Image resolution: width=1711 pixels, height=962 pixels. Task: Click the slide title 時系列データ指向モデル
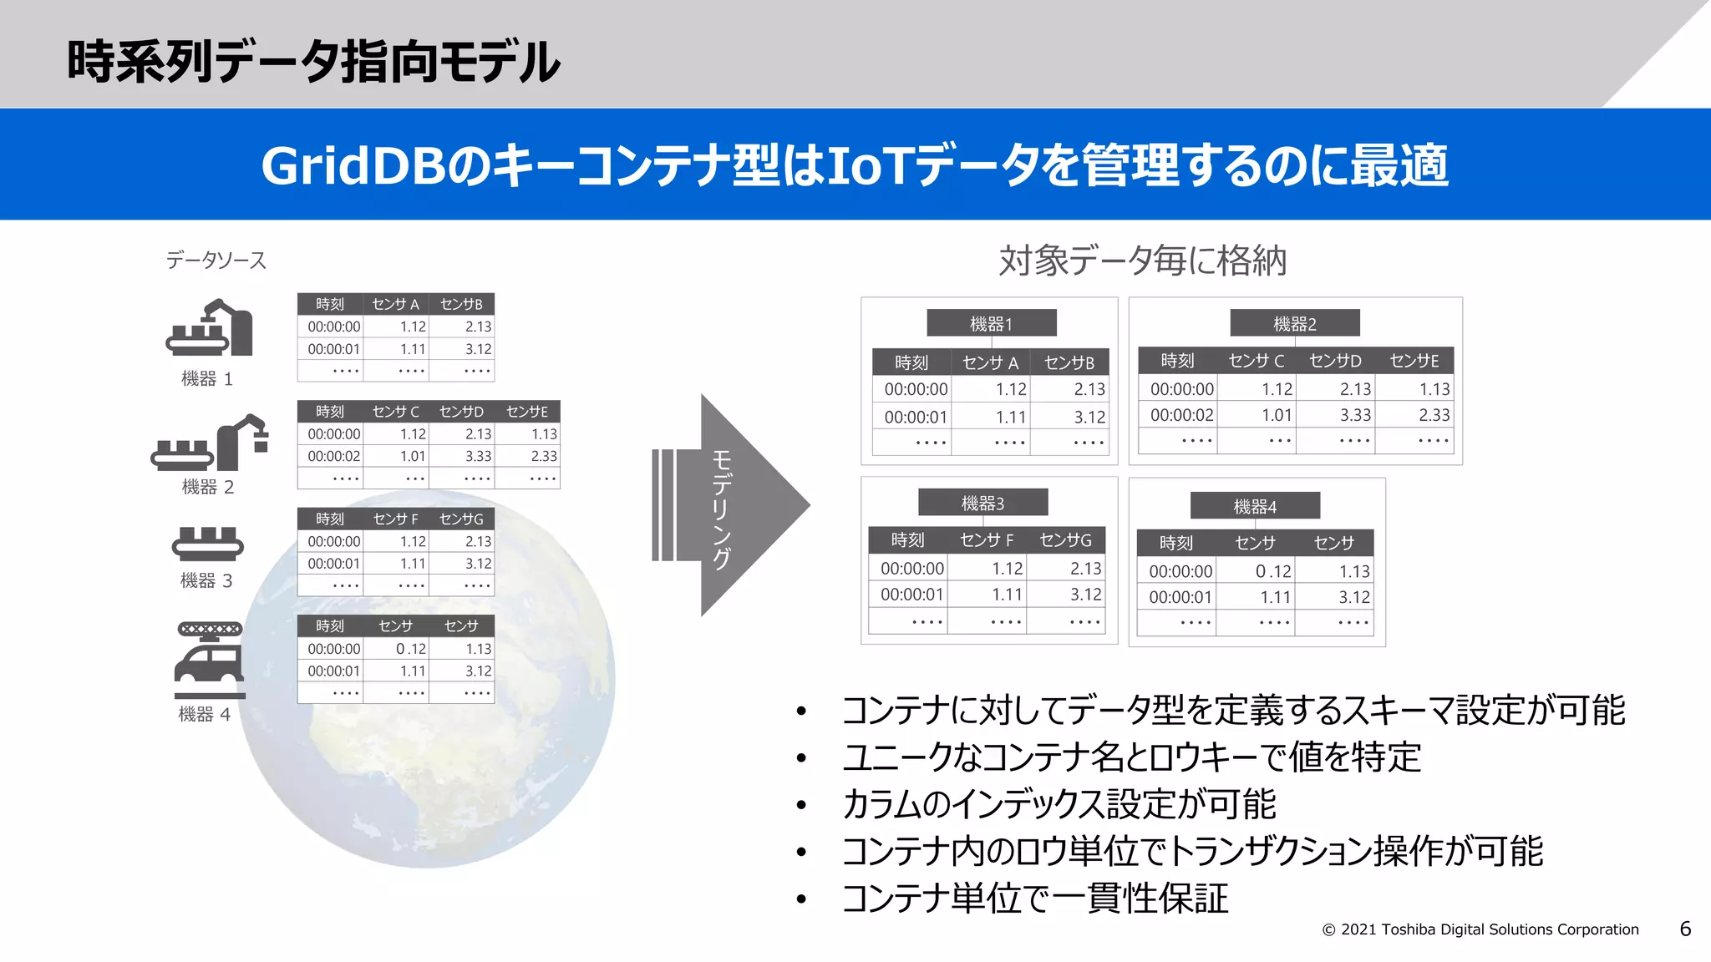coord(313,62)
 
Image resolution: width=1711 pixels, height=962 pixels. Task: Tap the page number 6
coord(1685,929)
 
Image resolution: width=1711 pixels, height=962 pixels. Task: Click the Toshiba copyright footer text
coord(1480,929)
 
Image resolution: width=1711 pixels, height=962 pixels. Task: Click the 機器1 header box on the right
coord(991,323)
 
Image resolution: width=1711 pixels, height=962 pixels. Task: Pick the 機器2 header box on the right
coord(1294,323)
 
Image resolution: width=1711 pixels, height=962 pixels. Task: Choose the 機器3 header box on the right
coord(982,503)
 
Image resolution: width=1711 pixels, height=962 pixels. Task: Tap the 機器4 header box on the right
coord(1255,506)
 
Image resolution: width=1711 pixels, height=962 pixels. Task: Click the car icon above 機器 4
coord(209,660)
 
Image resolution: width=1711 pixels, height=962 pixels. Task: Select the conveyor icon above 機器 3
coord(207,544)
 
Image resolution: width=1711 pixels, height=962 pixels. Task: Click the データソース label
coord(216,261)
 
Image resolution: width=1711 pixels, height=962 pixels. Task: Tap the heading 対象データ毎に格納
coord(1142,261)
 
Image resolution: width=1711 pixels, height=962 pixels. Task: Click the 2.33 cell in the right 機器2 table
coord(1434,415)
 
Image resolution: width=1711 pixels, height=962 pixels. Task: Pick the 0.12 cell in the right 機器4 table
coord(1272,571)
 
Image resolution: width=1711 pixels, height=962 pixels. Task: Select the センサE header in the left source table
coord(526,412)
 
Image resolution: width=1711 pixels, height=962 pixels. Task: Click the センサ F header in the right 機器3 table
coord(987,540)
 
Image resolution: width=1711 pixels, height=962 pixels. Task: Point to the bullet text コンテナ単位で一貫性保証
coord(1035,899)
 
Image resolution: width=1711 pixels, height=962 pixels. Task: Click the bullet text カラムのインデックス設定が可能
coord(1059,804)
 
